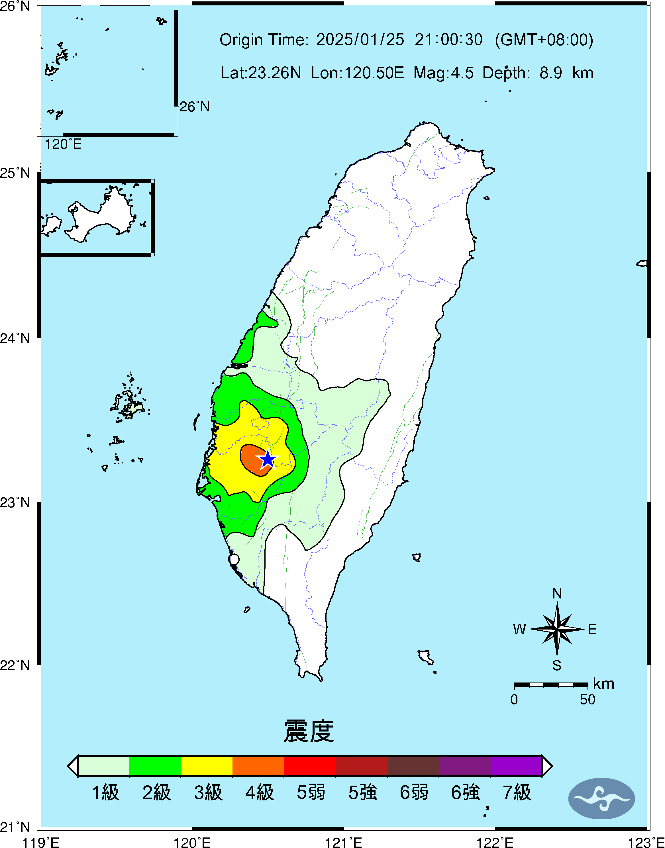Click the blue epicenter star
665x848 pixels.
pos(268,459)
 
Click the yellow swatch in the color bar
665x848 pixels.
pos(207,766)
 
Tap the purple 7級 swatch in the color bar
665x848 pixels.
pos(516,766)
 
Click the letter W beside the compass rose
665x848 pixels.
pos(519,629)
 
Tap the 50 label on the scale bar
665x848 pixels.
pos(587,700)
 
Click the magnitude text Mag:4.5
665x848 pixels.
pos(443,73)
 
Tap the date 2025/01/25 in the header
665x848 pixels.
pos(360,40)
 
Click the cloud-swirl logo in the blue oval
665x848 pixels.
pos(601,798)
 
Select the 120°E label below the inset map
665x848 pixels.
pos(63,144)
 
